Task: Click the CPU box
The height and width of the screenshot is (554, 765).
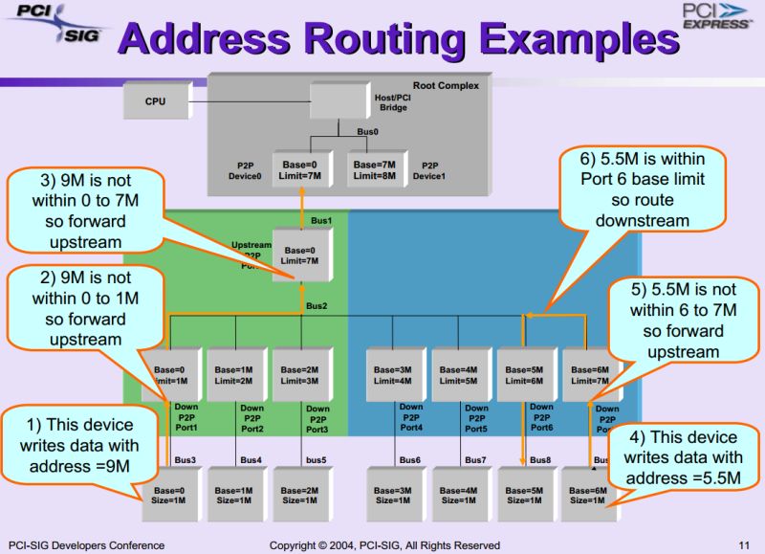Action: pos(155,101)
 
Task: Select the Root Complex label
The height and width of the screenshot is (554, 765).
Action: pos(446,86)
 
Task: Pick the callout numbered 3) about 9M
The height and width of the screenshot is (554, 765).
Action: pos(81,211)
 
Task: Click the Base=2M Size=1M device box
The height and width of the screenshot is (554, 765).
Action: pos(299,495)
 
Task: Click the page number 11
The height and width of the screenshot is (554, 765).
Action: pos(743,544)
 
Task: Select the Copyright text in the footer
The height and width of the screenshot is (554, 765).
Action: pos(383,544)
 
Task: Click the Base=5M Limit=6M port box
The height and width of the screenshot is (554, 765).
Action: pos(523,375)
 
